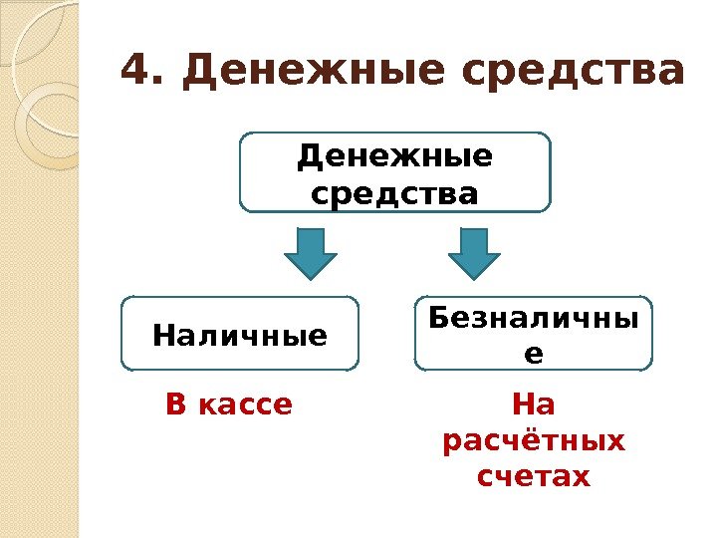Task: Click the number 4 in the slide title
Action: [x=136, y=72]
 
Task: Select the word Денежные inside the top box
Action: [x=395, y=157]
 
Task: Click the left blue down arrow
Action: [x=311, y=253]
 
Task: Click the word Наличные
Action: [x=239, y=336]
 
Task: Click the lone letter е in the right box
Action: [x=533, y=350]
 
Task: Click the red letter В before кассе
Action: [x=175, y=405]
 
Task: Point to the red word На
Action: [x=533, y=405]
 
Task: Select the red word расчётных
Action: [x=533, y=440]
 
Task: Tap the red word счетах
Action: [x=533, y=477]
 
